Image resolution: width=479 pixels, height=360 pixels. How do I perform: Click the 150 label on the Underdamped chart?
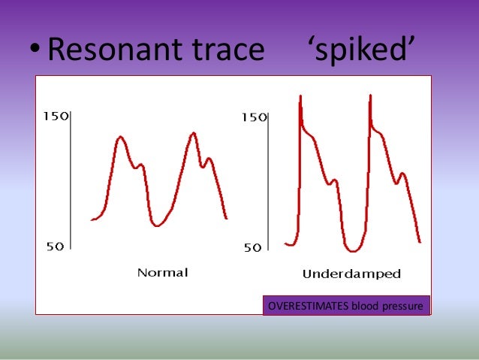tap(253, 118)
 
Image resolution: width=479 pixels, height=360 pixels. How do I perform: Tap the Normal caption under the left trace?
tap(162, 272)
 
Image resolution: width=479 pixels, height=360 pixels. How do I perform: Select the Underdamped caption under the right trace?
tap(351, 274)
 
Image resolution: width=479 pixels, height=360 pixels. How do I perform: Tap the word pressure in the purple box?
tap(405, 306)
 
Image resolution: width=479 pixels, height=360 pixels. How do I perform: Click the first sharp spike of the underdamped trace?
tap(300, 97)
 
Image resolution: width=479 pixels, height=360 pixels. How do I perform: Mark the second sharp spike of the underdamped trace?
tap(370, 96)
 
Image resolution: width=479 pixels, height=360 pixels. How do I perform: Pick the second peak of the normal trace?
tap(194, 133)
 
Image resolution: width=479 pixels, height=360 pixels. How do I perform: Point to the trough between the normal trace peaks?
tap(156, 225)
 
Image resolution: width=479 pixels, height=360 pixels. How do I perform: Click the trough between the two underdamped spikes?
tap(352, 251)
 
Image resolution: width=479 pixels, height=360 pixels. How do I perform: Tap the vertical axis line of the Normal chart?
tap(71, 180)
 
